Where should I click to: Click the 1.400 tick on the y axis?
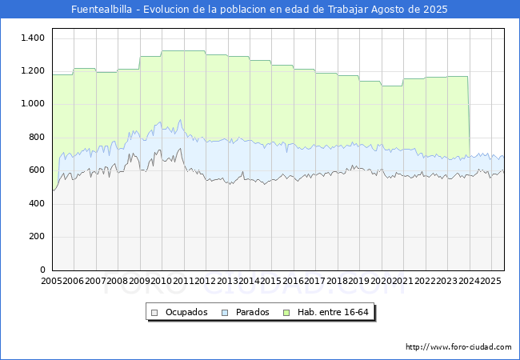pos(33,38)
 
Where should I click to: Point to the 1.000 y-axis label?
pos(33,104)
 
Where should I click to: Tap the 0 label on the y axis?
pos(42,270)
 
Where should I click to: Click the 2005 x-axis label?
pos(52,282)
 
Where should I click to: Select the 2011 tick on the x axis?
pos(183,282)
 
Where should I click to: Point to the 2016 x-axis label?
pos(293,282)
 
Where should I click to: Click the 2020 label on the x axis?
pos(380,282)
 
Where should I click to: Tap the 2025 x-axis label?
pos(489,282)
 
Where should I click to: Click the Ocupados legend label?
pos(186,312)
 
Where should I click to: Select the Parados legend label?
pos(251,312)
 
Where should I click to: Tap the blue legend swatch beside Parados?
pos(225,312)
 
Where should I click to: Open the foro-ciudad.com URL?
pos(458,347)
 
